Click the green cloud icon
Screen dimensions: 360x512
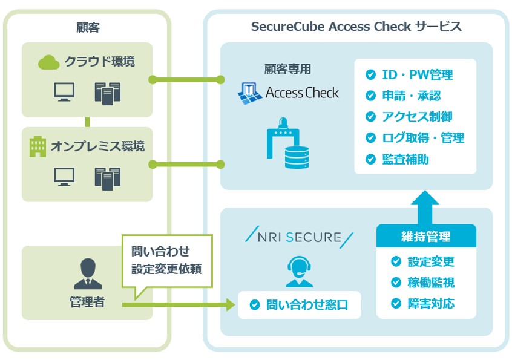48,62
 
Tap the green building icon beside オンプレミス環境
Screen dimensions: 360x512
38,146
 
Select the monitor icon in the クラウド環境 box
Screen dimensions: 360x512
64,92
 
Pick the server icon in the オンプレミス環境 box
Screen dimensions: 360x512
107,177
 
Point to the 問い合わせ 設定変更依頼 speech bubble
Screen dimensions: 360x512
167,260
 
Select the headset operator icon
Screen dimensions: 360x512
298,271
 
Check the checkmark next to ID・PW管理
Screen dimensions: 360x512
370,75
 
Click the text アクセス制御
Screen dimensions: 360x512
417,117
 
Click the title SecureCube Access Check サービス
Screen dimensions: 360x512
356,27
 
